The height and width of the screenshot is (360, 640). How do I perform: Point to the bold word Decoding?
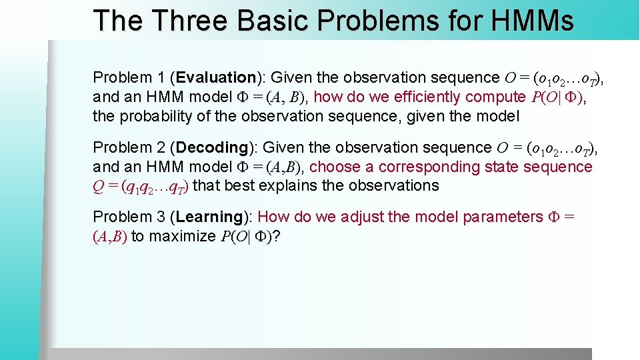click(213, 147)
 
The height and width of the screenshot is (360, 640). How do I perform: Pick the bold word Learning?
click(210, 217)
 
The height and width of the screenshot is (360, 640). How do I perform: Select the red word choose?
click(336, 167)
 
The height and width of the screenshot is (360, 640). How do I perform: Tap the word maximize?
click(182, 236)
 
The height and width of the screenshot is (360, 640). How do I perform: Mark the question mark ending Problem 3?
click(276, 236)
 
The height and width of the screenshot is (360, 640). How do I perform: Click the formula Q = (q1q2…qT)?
click(141, 186)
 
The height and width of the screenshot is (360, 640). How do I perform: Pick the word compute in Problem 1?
click(495, 97)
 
